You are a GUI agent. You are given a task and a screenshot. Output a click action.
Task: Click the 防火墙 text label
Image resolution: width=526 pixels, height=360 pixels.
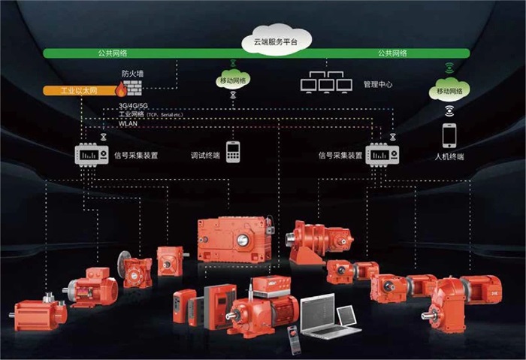[132, 74]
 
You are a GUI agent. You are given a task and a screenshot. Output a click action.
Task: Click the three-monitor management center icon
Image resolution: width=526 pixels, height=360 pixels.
[326, 83]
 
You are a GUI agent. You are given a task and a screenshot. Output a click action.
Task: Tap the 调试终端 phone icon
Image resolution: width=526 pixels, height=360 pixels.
[233, 150]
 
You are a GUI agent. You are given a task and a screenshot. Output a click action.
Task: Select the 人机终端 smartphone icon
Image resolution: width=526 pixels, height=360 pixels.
[449, 135]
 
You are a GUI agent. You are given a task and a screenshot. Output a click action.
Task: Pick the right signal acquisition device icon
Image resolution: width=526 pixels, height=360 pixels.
[382, 154]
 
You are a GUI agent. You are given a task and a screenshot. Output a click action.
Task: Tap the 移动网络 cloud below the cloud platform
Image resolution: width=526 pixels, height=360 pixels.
[233, 79]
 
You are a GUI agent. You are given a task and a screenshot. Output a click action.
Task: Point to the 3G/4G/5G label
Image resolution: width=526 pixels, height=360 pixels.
[133, 106]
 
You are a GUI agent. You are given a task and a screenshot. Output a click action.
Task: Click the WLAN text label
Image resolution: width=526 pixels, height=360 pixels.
[128, 123]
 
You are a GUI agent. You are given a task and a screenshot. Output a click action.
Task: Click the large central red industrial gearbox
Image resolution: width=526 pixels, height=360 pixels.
[233, 238]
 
